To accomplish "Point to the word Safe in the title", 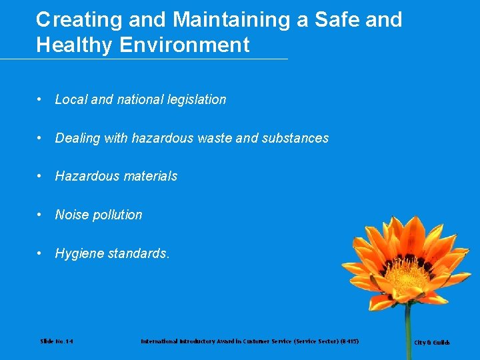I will tap(339, 20).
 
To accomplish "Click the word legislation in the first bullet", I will tap(194, 100).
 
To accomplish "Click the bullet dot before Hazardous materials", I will tap(41, 177).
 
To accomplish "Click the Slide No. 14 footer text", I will tap(57, 341).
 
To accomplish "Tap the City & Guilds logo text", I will tap(432, 343).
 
